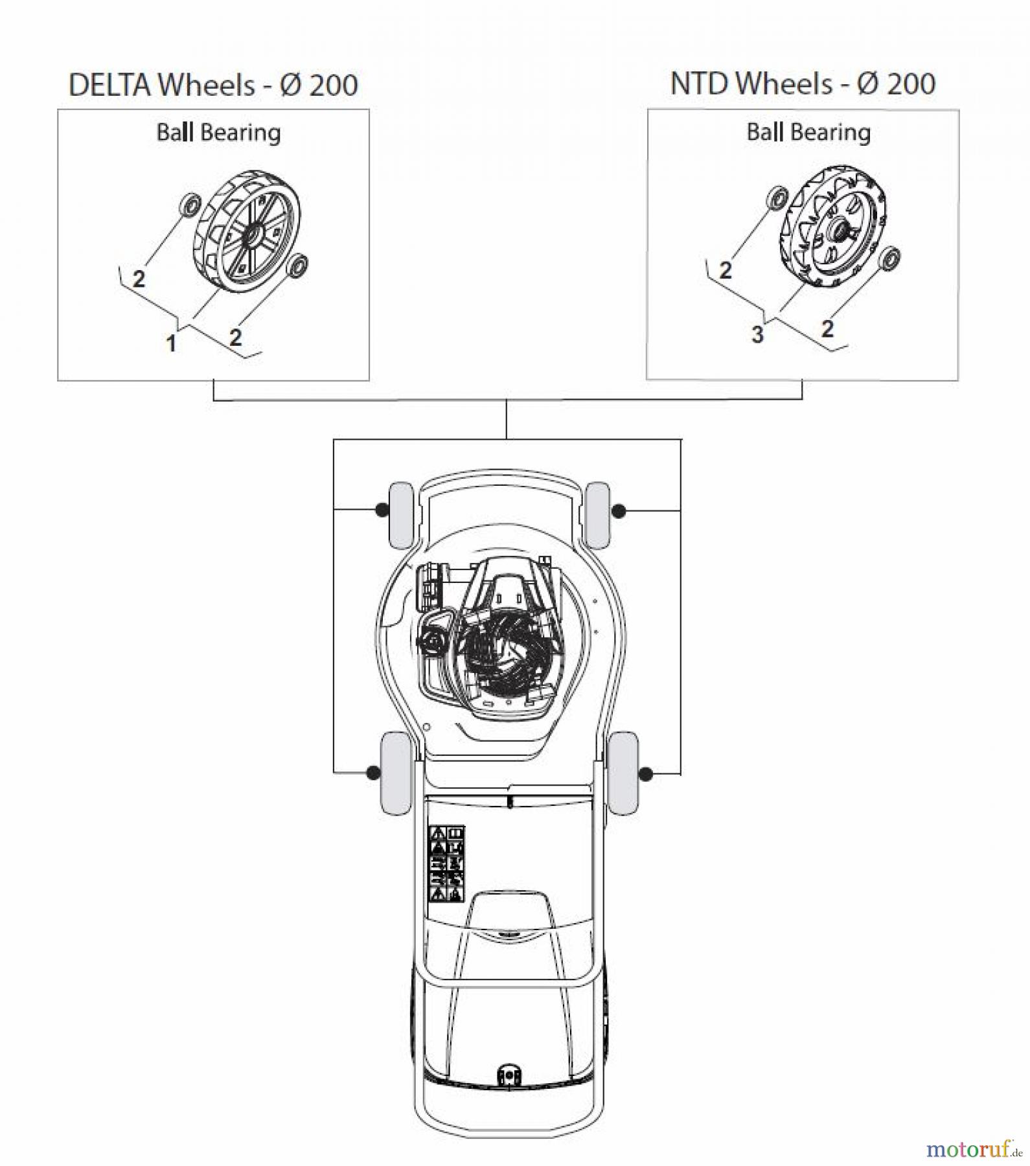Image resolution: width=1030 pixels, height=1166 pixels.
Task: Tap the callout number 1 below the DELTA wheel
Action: (171, 344)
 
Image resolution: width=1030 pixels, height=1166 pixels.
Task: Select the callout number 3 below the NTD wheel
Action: (757, 335)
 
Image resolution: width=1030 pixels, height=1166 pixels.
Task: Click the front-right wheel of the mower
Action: (597, 515)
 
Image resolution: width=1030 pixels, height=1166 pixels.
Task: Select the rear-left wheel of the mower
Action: (395, 773)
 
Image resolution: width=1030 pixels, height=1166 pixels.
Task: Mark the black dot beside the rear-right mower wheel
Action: (646, 773)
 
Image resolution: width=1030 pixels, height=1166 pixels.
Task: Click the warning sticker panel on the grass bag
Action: (447, 864)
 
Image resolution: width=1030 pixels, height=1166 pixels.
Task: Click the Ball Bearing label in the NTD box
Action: (808, 132)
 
